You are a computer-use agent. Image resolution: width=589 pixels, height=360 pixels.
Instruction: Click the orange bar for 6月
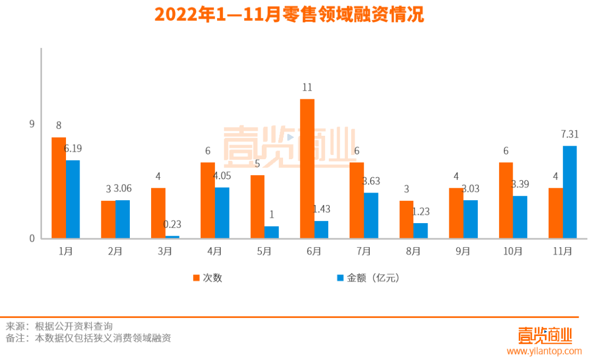click(x=307, y=169)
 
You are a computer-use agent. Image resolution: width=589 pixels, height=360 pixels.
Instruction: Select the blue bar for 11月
click(x=569, y=192)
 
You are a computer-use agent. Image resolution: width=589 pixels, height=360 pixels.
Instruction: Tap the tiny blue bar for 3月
click(x=172, y=237)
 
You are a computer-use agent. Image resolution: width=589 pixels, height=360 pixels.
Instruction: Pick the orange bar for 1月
click(x=59, y=188)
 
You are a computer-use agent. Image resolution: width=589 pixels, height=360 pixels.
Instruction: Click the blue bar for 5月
click(x=272, y=232)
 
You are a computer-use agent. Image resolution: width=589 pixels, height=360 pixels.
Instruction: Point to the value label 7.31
click(x=569, y=134)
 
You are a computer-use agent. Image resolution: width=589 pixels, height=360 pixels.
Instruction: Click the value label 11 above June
click(x=307, y=87)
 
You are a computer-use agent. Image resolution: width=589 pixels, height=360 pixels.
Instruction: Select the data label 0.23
click(x=172, y=224)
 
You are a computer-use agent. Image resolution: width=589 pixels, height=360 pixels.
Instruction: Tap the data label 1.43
click(x=321, y=209)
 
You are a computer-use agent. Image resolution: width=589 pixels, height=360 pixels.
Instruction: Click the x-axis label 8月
click(x=413, y=251)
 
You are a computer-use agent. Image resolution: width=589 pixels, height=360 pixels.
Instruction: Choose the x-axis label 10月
click(x=513, y=251)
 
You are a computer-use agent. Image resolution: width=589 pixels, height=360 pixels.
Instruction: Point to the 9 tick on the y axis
click(x=32, y=124)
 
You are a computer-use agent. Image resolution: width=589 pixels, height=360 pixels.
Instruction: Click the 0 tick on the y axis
click(x=32, y=238)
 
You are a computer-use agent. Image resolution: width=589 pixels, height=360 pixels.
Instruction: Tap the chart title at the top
click(x=289, y=15)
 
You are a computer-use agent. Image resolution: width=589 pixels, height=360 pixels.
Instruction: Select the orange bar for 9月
click(x=456, y=213)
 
